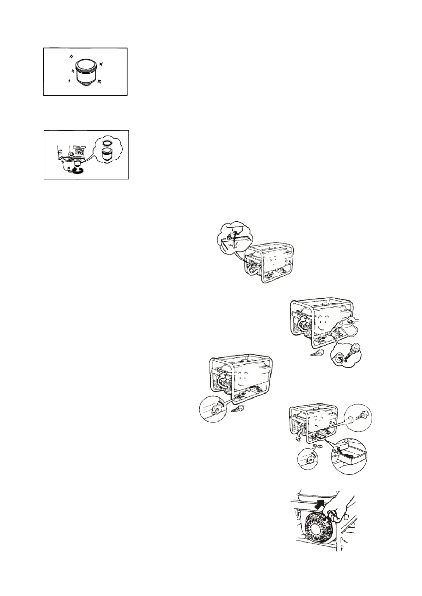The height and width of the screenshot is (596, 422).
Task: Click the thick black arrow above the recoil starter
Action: tap(320, 505)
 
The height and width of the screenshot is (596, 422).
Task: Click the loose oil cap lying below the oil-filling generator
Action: tap(317, 353)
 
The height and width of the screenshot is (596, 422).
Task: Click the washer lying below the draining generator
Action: tap(314, 445)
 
